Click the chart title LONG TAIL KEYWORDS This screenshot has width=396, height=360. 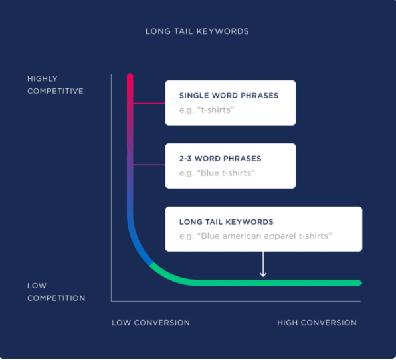point(197,31)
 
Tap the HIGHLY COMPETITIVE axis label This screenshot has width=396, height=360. point(55,85)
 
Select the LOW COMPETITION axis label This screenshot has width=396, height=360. point(56,292)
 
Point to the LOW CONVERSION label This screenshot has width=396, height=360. point(150,323)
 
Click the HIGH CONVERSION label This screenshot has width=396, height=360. point(316,323)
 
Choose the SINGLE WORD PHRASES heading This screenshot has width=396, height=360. point(229,96)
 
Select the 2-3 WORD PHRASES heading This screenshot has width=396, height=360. point(220,159)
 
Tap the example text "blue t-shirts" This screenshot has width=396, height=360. point(217,173)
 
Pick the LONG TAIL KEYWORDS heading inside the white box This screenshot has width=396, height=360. point(226,222)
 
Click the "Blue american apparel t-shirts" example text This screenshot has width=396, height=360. point(256,236)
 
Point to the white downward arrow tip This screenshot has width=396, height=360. point(263,275)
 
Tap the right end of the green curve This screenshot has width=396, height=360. point(361,283)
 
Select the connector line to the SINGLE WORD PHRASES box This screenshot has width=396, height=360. point(149,103)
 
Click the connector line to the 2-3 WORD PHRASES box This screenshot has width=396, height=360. point(149,165)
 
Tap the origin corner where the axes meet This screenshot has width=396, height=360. point(112,302)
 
